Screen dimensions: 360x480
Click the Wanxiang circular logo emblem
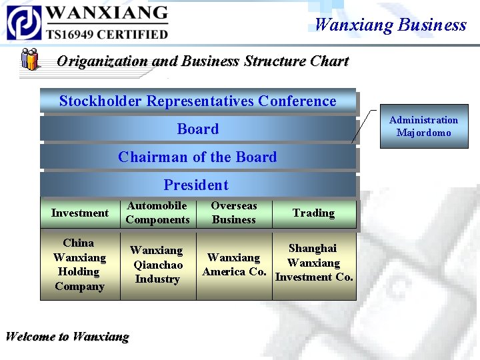[24, 22]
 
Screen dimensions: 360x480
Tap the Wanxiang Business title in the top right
[390, 25]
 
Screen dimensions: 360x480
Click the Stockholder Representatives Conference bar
[198, 101]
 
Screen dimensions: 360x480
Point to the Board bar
[198, 129]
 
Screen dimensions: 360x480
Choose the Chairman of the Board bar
[198, 157]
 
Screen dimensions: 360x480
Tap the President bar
[197, 185]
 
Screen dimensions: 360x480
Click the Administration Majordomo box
[424, 126]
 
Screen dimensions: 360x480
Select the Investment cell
[80, 213]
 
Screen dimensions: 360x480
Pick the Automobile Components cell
[158, 213]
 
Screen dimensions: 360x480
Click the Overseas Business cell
[234, 213]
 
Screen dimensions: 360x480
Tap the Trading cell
[313, 213]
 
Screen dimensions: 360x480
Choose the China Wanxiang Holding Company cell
[80, 265]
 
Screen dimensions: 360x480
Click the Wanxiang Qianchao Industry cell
[157, 265]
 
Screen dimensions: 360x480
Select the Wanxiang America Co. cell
[234, 265]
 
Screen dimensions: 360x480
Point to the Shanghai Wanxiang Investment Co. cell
[314, 263]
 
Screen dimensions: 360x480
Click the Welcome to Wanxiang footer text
[67, 337]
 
